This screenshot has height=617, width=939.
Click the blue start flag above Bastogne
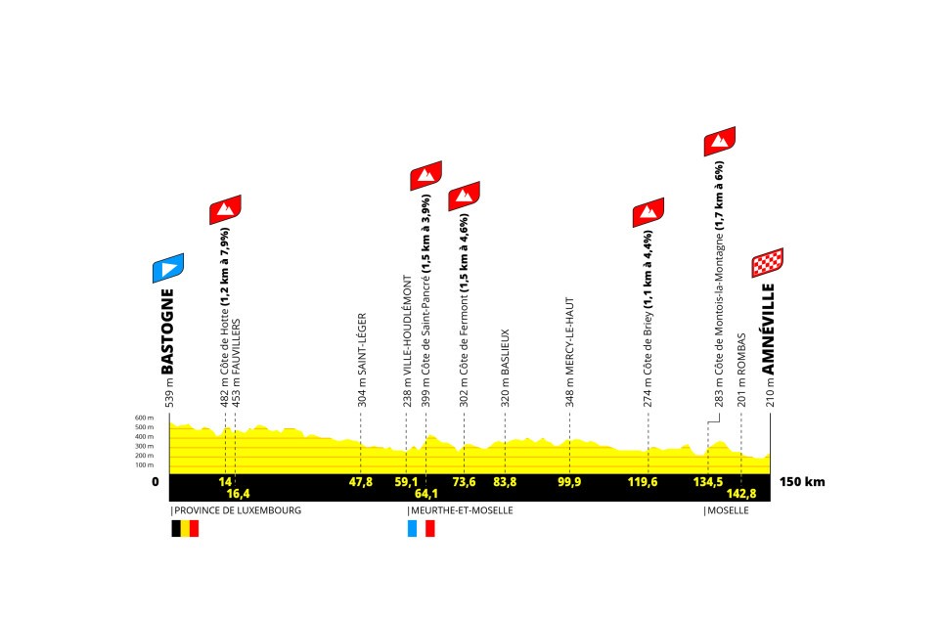click(x=167, y=268)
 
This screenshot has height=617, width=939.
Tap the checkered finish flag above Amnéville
click(x=767, y=263)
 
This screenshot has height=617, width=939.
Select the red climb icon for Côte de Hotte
click(x=225, y=209)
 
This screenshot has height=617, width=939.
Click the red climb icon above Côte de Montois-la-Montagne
click(x=719, y=141)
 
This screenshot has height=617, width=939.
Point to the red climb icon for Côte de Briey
click(x=648, y=211)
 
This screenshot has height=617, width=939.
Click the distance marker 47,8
click(x=361, y=481)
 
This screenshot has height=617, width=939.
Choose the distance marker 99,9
click(x=569, y=481)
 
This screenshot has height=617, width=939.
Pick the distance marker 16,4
click(x=240, y=494)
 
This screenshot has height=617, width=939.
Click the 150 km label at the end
click(x=802, y=481)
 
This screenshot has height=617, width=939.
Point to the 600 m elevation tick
click(x=145, y=418)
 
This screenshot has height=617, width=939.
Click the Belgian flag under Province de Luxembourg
click(x=185, y=528)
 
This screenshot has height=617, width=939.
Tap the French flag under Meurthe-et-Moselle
click(x=421, y=528)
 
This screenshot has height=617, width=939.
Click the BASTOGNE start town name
click(x=167, y=331)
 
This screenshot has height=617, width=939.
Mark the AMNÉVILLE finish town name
click(x=769, y=329)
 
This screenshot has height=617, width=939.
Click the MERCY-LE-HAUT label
click(x=569, y=351)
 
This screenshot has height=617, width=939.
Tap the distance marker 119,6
click(x=648, y=481)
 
